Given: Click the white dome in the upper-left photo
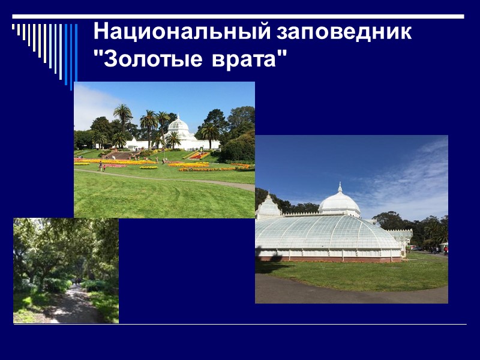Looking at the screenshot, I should [x=178, y=127].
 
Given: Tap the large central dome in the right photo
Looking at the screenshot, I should [x=339, y=202].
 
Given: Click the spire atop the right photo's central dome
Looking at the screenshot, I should [x=339, y=187].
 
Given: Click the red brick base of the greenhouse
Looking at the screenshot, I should [x=330, y=259].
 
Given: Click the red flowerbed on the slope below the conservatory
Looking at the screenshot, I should [x=198, y=156].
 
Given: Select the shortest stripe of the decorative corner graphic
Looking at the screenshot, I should [x=14, y=26].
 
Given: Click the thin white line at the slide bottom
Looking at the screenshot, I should [x=240, y=325].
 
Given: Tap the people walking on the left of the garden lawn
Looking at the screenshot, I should [x=101, y=167].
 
